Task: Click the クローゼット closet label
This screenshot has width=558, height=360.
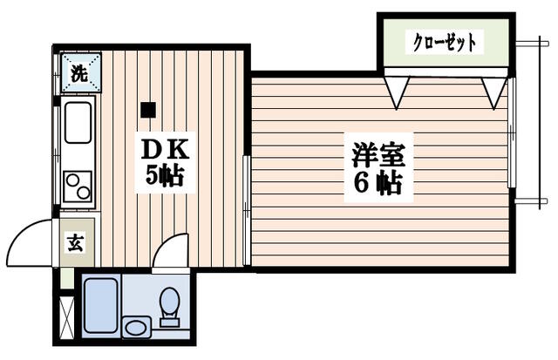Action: click(x=445, y=42)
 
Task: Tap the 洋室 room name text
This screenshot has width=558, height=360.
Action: click(x=378, y=155)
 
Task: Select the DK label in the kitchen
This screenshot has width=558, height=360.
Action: click(x=165, y=151)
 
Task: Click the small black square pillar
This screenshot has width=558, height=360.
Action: click(x=148, y=110)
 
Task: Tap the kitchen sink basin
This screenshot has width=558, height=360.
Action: click(x=78, y=123)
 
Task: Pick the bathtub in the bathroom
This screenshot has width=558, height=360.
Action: click(x=101, y=306)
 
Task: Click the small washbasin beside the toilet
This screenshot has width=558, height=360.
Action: click(x=137, y=327)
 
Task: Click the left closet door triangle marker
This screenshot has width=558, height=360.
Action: click(x=397, y=92)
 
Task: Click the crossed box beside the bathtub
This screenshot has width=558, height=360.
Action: click(x=66, y=317)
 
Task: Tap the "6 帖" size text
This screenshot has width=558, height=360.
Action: click(x=378, y=184)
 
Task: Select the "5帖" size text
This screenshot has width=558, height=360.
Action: click(x=165, y=176)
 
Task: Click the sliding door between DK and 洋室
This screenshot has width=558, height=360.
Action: click(x=247, y=211)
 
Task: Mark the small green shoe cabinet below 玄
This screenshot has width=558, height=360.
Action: click(x=66, y=278)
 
